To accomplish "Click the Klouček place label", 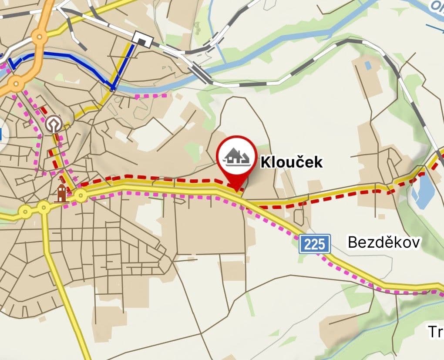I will click(x=292, y=162).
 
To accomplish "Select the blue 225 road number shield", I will click(x=315, y=244).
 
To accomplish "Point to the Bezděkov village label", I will click(x=383, y=242).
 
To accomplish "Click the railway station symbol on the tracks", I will click(x=143, y=40).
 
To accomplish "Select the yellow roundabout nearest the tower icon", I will click(x=81, y=196).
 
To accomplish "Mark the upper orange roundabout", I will click(x=40, y=37).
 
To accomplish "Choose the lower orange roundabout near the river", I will click(x=16, y=82).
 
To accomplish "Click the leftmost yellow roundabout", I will click(x=25, y=212).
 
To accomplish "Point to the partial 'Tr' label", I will click(x=435, y=332).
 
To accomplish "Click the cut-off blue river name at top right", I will click(x=437, y=6).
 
